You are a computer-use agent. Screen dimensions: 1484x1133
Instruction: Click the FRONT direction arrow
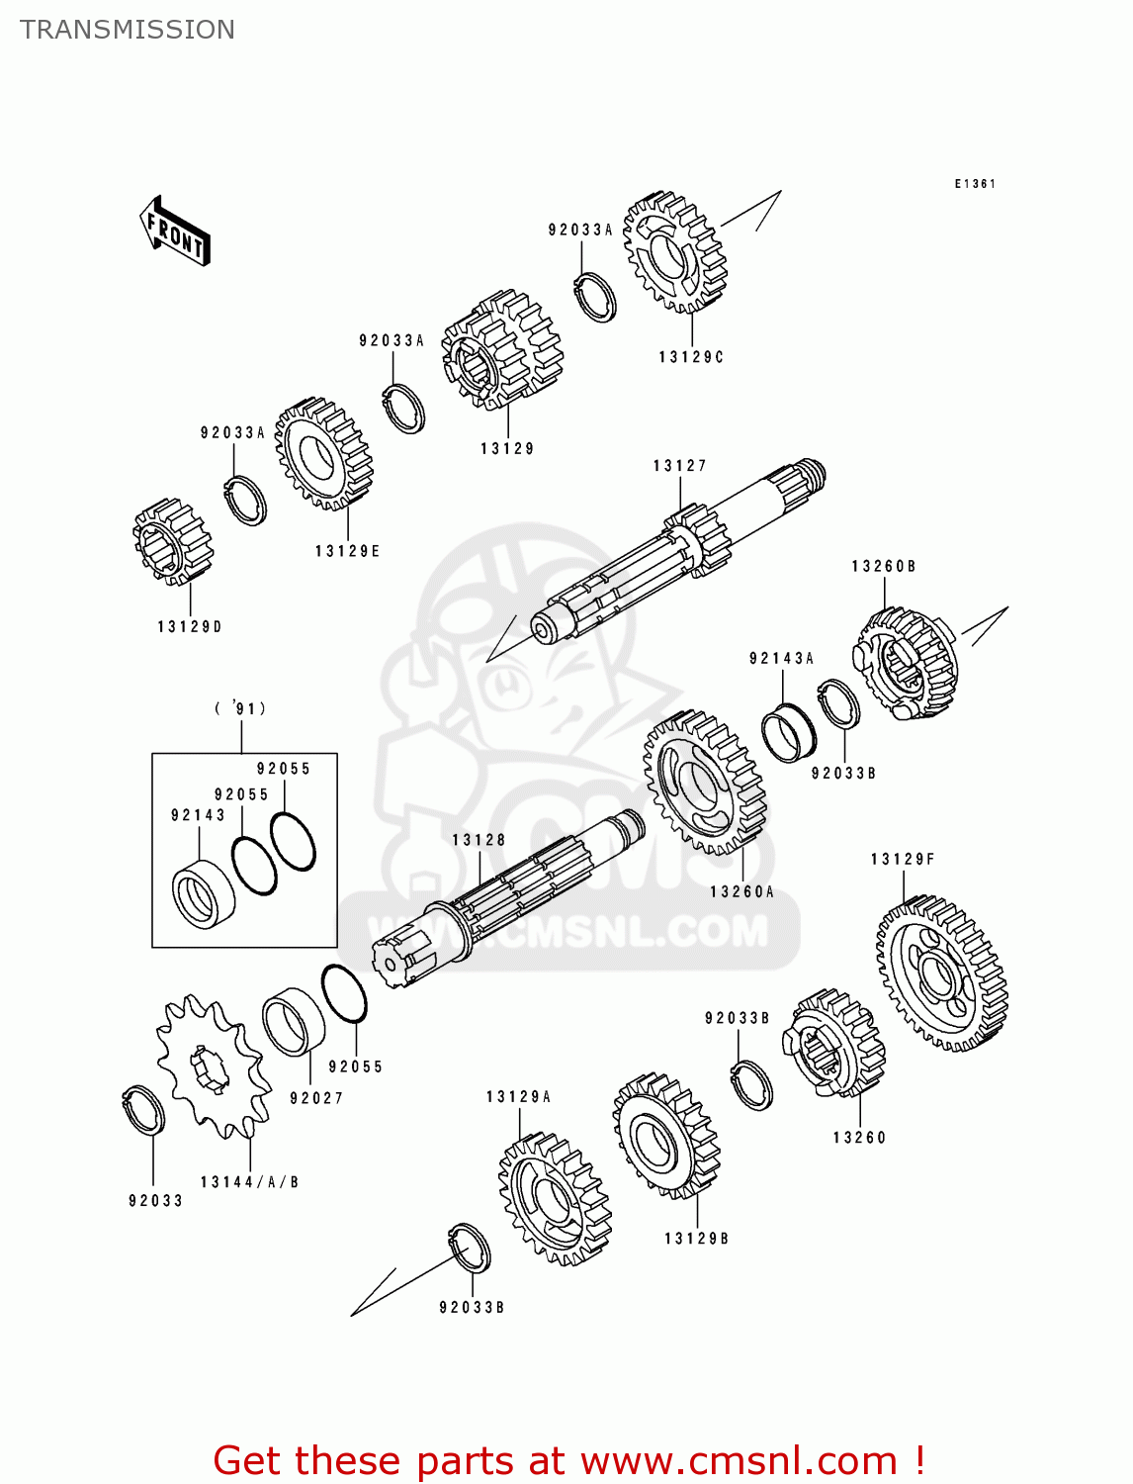[x=175, y=231]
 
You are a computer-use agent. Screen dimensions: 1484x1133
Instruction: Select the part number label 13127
[x=679, y=466]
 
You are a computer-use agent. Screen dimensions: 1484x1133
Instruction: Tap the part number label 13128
[x=479, y=840]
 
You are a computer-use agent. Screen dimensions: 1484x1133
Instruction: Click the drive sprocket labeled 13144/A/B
[x=212, y=1065]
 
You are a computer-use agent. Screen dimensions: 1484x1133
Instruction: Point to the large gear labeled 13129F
[x=941, y=974]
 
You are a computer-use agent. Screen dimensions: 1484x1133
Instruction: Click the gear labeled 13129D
[x=172, y=541]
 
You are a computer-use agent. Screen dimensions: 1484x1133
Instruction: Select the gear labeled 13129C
[x=675, y=253]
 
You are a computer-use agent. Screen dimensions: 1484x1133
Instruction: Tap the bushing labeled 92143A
[x=788, y=732]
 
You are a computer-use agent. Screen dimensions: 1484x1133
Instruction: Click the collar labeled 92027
[x=294, y=1022]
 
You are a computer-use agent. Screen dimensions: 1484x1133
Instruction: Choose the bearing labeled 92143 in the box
[x=203, y=894]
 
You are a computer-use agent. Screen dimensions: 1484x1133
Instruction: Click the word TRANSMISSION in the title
[x=128, y=30]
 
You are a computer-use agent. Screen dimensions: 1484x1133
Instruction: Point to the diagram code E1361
[x=975, y=184]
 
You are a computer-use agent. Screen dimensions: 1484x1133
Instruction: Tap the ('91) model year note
[x=240, y=708]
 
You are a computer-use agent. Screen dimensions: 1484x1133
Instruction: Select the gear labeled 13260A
[x=704, y=782]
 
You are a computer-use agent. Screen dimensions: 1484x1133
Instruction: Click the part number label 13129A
[x=518, y=1097]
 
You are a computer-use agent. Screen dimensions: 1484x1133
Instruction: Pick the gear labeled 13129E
[x=323, y=455]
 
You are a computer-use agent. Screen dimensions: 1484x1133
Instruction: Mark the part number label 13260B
[x=883, y=567]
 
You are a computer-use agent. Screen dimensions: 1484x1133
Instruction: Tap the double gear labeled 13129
[x=501, y=350]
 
